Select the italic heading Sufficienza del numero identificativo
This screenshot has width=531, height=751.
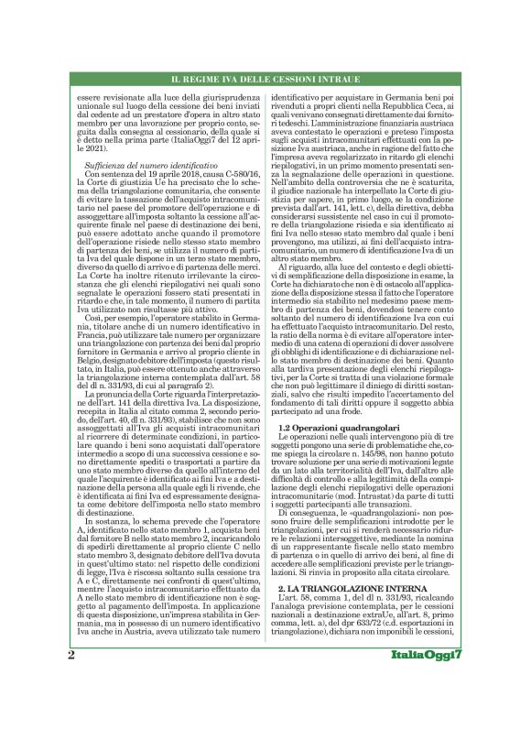coord(146,163)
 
